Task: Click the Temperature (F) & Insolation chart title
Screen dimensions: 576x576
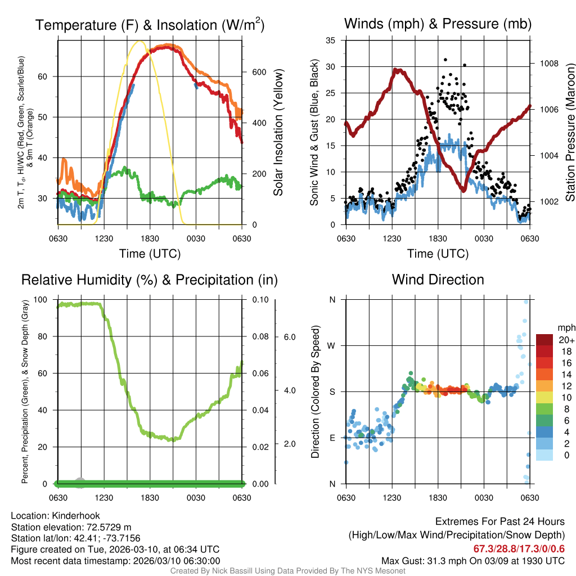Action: point(150,25)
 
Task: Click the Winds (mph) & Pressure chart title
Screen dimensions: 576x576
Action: point(438,24)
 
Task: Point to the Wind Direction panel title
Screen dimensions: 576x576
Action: point(438,280)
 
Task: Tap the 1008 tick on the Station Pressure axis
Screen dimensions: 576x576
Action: point(548,63)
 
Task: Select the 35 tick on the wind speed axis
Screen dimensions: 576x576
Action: point(331,40)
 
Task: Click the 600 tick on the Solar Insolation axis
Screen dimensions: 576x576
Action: point(258,72)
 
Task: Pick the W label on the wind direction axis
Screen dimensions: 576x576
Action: point(332,345)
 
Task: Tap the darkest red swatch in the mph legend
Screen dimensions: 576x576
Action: point(544,340)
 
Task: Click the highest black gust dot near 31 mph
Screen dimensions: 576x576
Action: point(445,60)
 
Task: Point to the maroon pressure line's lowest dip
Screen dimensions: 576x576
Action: point(463,191)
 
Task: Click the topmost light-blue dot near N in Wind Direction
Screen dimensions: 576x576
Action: point(526,302)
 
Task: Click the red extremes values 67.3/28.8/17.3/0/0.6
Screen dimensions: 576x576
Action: point(519,548)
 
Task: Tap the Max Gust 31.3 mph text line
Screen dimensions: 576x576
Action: point(472,560)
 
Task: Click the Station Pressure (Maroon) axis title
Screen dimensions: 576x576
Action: point(569,132)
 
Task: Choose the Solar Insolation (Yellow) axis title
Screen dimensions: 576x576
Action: point(278,132)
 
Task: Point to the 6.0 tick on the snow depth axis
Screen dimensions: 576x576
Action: point(289,336)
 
